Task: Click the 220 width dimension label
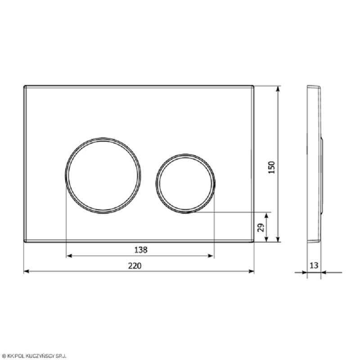pyautogui.click(x=135, y=265)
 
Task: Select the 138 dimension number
pyautogui.click(x=140, y=250)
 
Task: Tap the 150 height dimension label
pyautogui.click(x=271, y=167)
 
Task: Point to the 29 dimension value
pyautogui.click(x=261, y=228)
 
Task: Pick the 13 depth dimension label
pyautogui.click(x=314, y=265)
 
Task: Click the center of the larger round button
pyautogui.click(x=103, y=175)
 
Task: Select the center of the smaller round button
pyautogui.click(x=185, y=184)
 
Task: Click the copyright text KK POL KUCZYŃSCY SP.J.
pyautogui.click(x=34, y=356)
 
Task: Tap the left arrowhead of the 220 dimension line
pyautogui.click(x=27, y=271)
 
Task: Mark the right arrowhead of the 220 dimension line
pyautogui.click(x=252, y=271)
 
